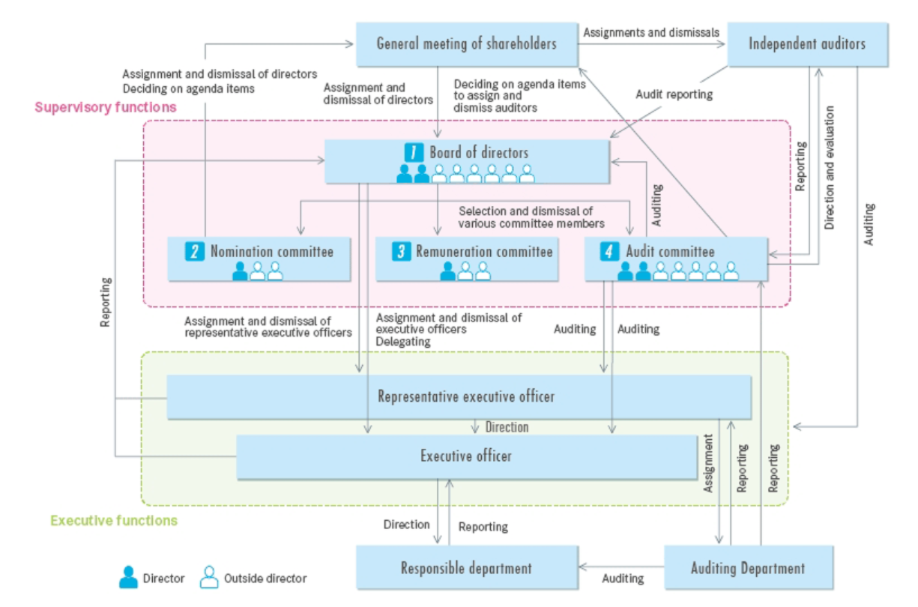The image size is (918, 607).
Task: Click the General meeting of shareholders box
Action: (x=466, y=43)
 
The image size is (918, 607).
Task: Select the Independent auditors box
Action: (x=807, y=44)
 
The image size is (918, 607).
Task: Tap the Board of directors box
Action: (x=466, y=160)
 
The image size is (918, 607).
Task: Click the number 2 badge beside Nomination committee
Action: (x=195, y=252)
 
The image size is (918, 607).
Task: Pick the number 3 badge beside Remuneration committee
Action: (x=401, y=252)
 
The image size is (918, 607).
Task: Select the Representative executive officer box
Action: (x=459, y=396)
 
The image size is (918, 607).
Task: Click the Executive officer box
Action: (x=466, y=456)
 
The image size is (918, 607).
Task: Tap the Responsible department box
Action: (x=466, y=567)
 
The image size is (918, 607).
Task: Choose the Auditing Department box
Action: (x=748, y=567)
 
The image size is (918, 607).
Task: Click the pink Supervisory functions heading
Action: (x=106, y=107)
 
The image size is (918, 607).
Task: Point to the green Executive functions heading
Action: (x=114, y=520)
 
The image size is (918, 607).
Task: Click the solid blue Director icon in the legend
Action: (x=128, y=576)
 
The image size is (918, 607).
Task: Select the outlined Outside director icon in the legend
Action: (x=209, y=576)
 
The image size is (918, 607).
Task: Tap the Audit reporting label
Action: (x=674, y=95)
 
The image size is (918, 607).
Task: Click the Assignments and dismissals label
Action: (x=651, y=32)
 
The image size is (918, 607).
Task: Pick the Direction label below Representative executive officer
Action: (x=507, y=427)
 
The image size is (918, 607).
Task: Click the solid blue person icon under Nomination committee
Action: (x=240, y=271)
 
